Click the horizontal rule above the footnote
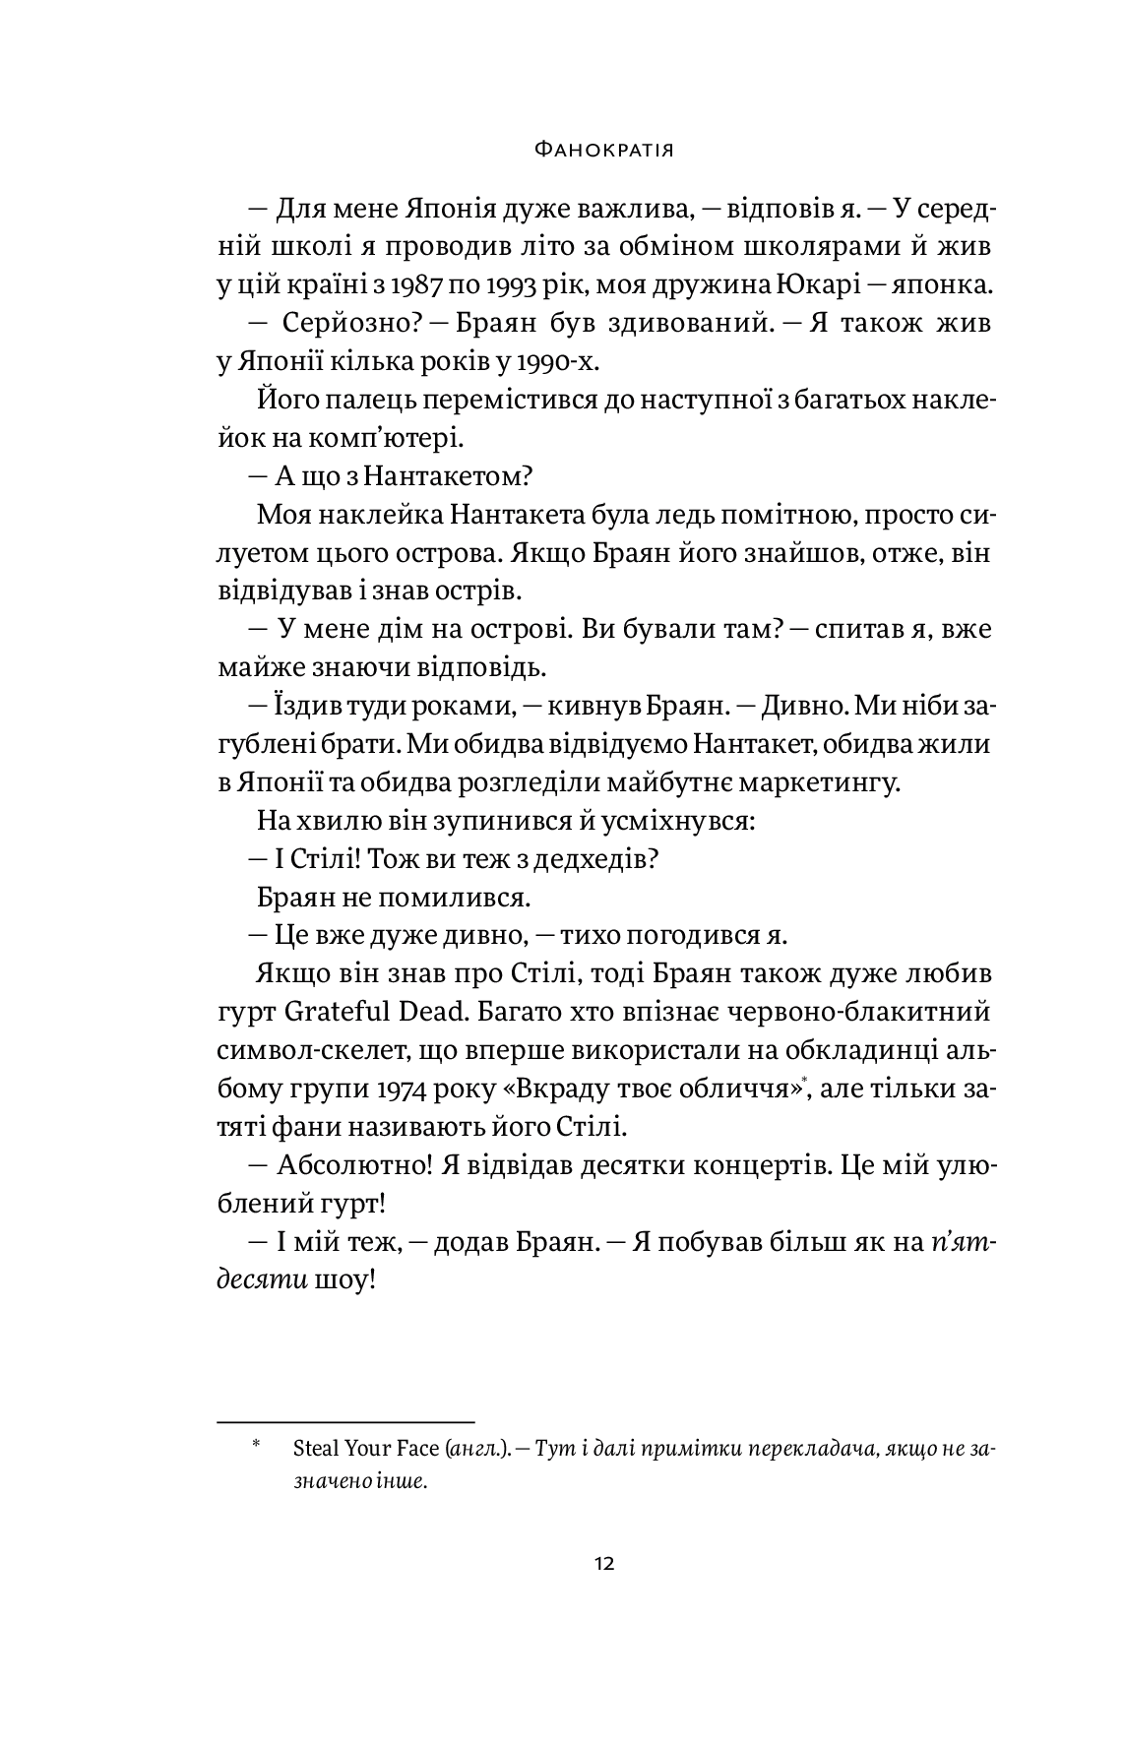click(345, 1420)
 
